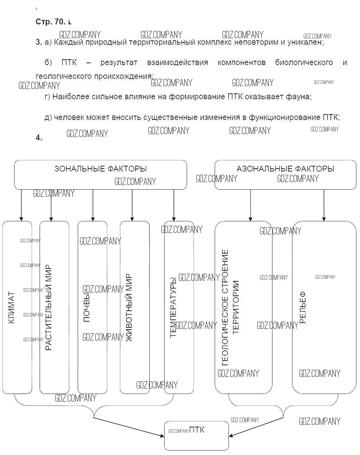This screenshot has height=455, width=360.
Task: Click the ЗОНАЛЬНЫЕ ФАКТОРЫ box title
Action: (100, 169)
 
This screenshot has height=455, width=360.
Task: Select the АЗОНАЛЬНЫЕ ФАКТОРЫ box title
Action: (285, 169)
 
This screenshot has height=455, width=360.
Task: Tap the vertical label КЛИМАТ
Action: (11, 307)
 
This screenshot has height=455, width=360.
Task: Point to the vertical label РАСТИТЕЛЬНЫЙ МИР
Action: (49, 307)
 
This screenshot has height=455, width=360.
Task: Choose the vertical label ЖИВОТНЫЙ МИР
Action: (129, 307)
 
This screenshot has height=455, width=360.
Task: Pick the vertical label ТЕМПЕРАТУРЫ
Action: (173, 307)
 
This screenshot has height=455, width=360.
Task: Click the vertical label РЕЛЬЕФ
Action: (303, 307)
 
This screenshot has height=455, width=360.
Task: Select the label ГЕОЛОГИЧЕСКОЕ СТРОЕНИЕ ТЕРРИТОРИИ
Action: (230, 307)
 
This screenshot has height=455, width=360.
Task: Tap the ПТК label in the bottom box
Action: (197, 430)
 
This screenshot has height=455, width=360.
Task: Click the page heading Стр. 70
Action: (50, 22)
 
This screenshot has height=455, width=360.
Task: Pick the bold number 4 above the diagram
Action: (39, 137)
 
